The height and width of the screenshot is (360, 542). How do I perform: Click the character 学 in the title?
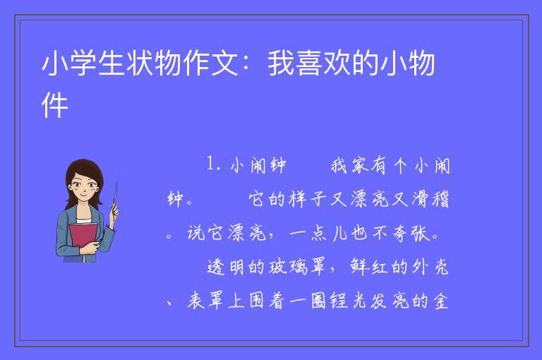(x=84, y=64)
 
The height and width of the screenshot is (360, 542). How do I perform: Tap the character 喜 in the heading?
(x=310, y=64)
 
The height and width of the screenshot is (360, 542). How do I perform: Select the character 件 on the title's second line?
(x=54, y=105)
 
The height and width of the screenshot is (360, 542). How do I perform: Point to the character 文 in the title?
(x=224, y=64)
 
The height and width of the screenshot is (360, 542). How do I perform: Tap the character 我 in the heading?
(x=282, y=64)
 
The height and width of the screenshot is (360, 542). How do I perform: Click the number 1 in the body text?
(x=210, y=163)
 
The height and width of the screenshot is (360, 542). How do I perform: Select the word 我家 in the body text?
(x=349, y=165)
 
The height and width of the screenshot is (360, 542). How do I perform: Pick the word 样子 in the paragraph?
(x=308, y=200)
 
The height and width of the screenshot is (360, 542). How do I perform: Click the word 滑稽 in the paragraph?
(x=430, y=200)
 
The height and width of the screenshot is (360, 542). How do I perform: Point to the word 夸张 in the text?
(x=411, y=234)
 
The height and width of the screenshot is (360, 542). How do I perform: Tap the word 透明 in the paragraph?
(x=226, y=267)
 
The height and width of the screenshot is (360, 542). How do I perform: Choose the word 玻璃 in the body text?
(x=288, y=267)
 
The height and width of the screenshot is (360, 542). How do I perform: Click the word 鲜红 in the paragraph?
(x=369, y=267)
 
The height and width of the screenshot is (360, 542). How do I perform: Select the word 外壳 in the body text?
(x=430, y=267)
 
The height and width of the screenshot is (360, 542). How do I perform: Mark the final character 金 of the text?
(x=440, y=301)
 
